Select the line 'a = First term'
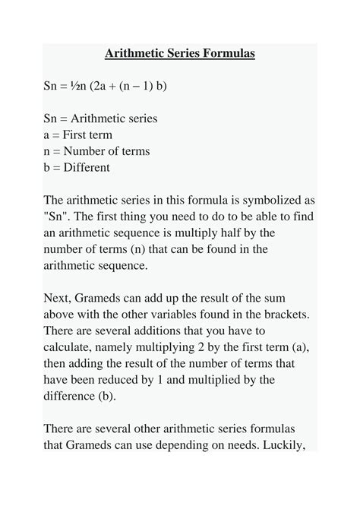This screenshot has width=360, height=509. point(77,135)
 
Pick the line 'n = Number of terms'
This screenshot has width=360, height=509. point(96,151)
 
